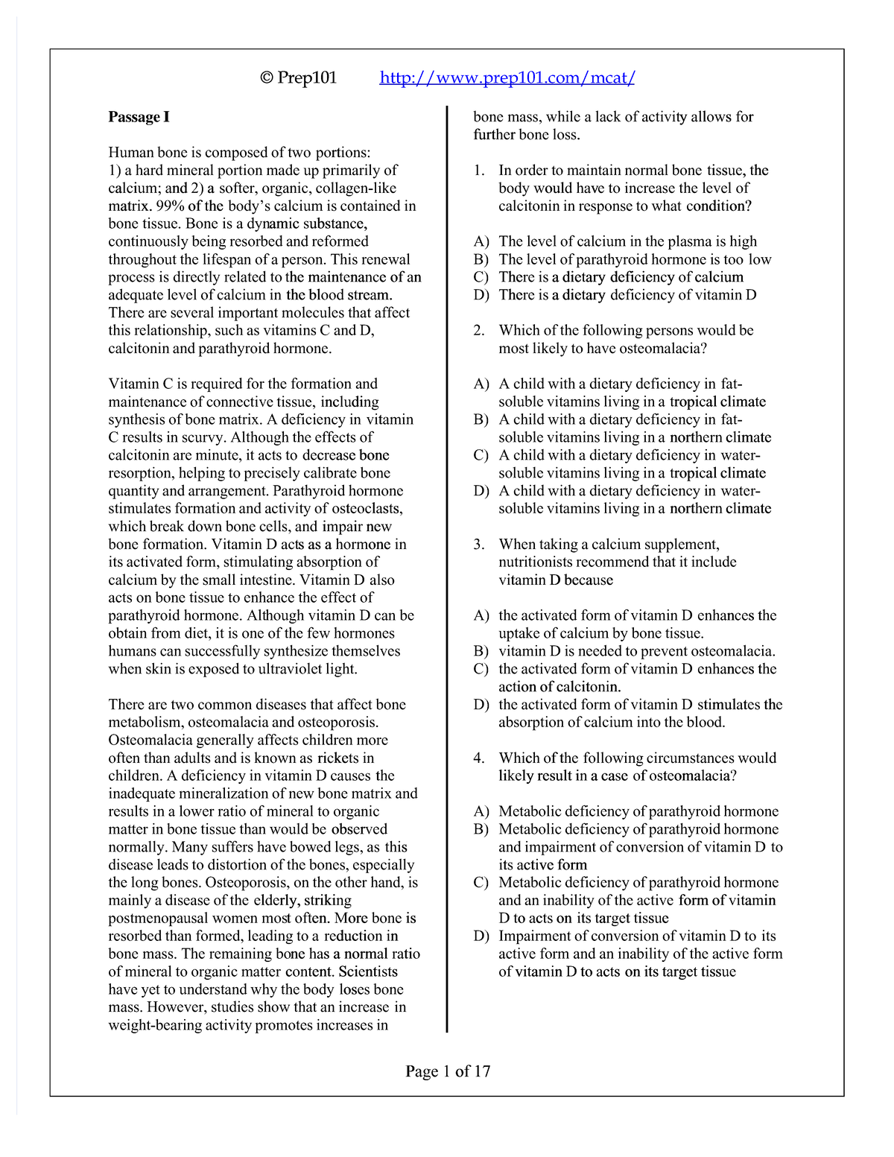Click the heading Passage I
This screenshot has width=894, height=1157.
[x=139, y=117]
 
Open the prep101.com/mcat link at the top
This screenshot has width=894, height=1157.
[x=507, y=77]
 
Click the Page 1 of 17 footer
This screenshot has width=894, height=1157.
[x=448, y=1071]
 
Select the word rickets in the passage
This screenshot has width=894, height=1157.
[x=338, y=758]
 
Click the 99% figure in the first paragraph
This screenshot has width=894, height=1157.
[x=170, y=206]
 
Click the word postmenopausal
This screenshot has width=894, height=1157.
[x=158, y=919]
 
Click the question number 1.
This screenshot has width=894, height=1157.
[x=479, y=171]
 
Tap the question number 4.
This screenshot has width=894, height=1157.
[x=479, y=758]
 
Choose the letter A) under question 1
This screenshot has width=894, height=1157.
[x=481, y=241]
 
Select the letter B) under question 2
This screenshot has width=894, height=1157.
[x=481, y=420]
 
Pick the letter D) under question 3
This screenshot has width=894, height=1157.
[x=481, y=705]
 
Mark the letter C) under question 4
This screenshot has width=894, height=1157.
[x=481, y=883]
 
